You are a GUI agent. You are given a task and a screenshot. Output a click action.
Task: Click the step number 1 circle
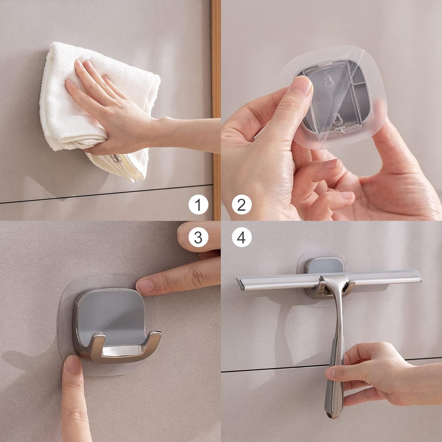198,204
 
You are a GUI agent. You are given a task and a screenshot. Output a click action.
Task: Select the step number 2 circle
242,204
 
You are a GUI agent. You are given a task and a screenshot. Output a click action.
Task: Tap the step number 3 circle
198,237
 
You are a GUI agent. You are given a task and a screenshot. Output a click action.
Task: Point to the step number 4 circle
242,237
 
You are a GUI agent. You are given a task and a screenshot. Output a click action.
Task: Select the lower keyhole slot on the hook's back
338,119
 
